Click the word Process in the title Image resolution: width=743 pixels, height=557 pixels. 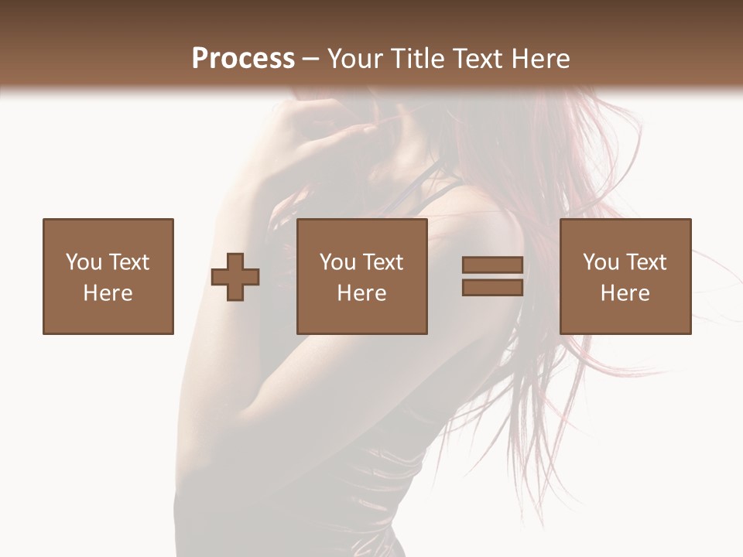coord(243,59)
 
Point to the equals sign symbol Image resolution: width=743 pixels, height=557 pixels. coord(492,276)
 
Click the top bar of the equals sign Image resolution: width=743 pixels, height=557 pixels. coord(492,265)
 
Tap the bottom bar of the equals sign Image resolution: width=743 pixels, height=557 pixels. coord(492,287)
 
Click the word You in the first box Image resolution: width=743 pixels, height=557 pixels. coord(83,261)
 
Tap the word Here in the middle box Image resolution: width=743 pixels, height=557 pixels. coord(362,293)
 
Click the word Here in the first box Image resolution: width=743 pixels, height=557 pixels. coord(108,293)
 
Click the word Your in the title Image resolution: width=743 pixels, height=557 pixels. coord(355,59)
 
